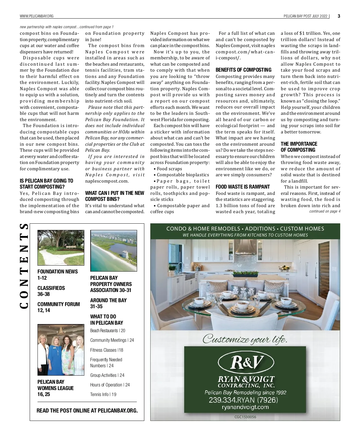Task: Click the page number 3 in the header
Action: [339, 16]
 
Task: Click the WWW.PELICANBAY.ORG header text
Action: [37, 16]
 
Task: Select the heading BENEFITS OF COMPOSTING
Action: [243, 70]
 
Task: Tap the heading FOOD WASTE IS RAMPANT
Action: [243, 187]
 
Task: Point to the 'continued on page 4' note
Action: [325, 211]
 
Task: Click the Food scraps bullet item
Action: [169, 169]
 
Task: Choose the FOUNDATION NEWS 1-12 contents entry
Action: [57, 275]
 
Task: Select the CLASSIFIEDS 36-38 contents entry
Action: [51, 291]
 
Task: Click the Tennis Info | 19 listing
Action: [103, 394]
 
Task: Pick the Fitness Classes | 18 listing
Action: [106, 350]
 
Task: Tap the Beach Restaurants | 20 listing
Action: [107, 330]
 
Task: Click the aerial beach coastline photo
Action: [114, 251]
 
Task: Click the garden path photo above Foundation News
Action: [61, 248]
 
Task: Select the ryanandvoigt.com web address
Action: [245, 407]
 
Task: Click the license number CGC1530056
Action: [245, 417]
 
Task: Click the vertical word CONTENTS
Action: [24, 266]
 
